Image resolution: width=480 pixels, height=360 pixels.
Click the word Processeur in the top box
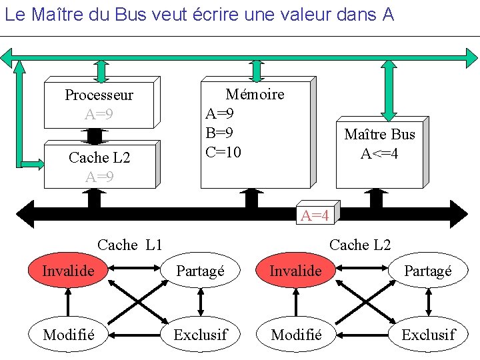pyautogui.click(x=99, y=95)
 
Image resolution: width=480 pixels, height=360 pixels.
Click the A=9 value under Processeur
pyautogui.click(x=99, y=114)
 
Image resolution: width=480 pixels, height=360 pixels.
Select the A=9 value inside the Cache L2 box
pyautogui.click(x=99, y=177)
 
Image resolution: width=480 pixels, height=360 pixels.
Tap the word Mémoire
pyautogui.click(x=255, y=94)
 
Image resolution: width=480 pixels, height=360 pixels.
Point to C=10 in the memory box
pyautogui.click(x=224, y=152)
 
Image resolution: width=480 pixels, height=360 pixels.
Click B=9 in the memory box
pyautogui.click(x=220, y=133)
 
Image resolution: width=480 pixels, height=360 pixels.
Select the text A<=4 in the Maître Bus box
pyautogui.click(x=379, y=153)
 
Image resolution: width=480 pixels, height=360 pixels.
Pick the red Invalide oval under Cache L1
pyautogui.click(x=68, y=271)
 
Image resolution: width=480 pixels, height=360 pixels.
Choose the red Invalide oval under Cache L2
pyautogui.click(x=296, y=271)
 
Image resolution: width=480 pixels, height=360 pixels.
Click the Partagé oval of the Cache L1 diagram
pyautogui.click(x=200, y=271)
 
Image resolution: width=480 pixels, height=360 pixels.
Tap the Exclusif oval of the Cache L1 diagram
pyautogui.click(x=200, y=335)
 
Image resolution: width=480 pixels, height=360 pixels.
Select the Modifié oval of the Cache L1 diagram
pyautogui.click(x=68, y=335)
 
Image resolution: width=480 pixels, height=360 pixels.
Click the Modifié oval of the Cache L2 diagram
pyautogui.click(x=296, y=335)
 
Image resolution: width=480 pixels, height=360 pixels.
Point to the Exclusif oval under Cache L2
pyautogui.click(x=428, y=335)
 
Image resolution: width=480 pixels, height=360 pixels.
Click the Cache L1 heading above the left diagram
pyautogui.click(x=129, y=245)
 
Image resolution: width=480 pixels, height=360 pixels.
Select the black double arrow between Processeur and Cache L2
pyautogui.click(x=95, y=135)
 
